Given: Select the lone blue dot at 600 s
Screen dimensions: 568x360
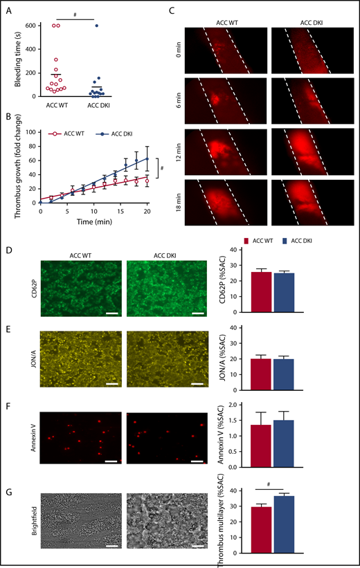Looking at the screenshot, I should (x=97, y=26).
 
